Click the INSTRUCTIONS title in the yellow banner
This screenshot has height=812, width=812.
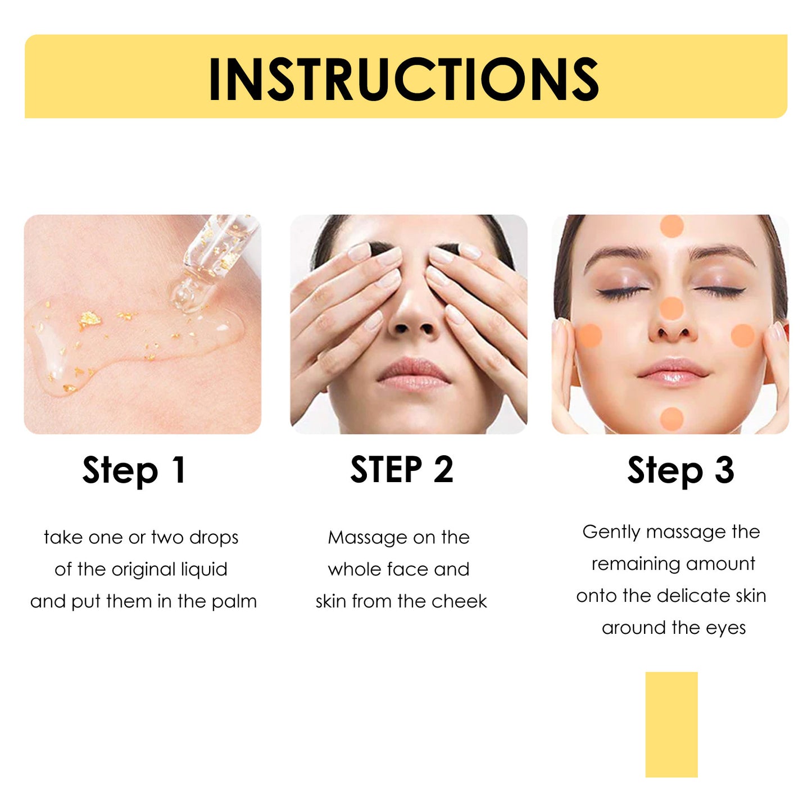[403, 80]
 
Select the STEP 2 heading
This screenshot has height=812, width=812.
[402, 470]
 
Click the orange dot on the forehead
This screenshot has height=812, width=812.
[671, 226]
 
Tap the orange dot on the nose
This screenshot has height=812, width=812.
[671, 309]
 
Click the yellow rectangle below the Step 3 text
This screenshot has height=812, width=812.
[671, 724]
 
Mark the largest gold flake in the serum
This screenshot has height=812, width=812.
[89, 320]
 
